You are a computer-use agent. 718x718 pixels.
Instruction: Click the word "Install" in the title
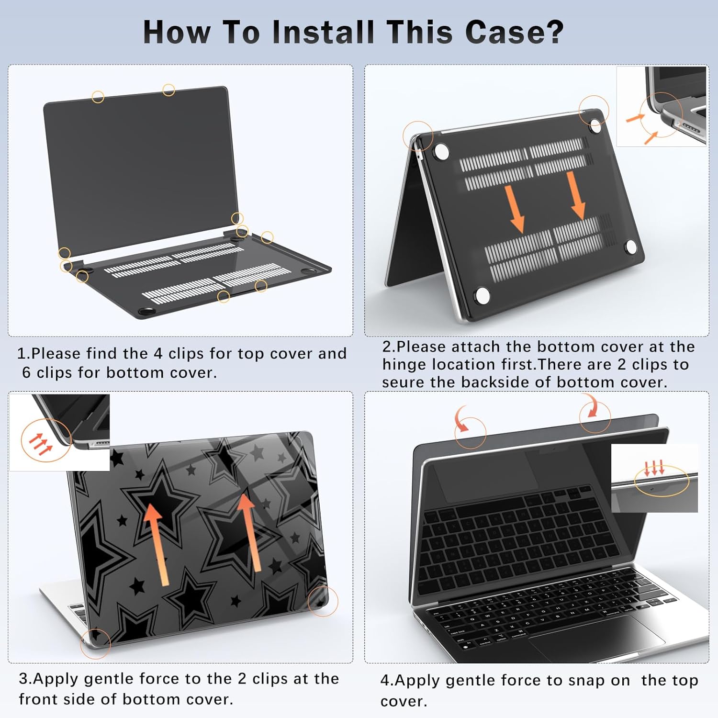click(x=323, y=32)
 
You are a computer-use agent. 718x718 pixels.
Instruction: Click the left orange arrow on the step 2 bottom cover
click(x=515, y=209)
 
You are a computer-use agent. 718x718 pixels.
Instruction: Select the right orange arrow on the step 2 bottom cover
click(x=575, y=195)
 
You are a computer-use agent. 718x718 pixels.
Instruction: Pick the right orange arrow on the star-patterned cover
click(x=250, y=532)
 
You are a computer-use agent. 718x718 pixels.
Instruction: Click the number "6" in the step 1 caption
click(x=27, y=372)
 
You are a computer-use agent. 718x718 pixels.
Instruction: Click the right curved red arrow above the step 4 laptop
click(x=591, y=406)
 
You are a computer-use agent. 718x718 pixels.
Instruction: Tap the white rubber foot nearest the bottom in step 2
click(x=482, y=295)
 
